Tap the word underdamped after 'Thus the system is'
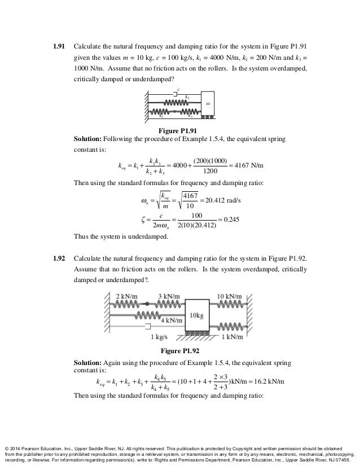(x=148, y=236)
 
